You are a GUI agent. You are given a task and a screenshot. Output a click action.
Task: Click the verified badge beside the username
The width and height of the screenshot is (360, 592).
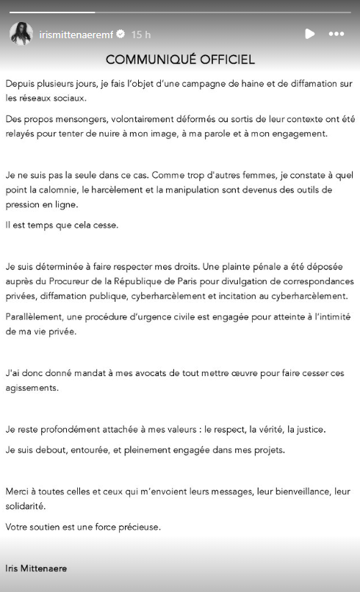click(x=120, y=35)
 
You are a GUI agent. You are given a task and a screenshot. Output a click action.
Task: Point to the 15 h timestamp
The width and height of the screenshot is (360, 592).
click(x=141, y=35)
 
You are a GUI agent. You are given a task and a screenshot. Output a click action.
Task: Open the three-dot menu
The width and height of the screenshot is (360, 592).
click(x=336, y=34)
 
